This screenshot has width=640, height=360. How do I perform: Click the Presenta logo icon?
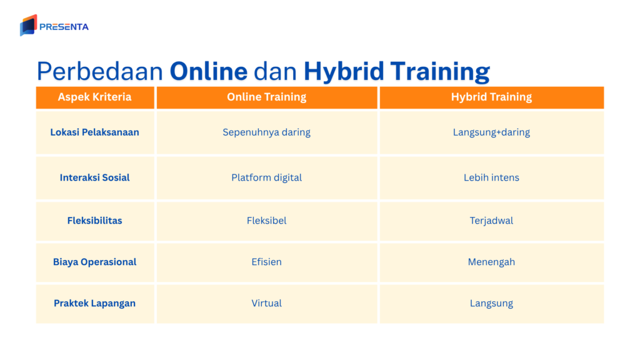pos(28,26)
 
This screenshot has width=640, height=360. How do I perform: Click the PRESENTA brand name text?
pos(64,27)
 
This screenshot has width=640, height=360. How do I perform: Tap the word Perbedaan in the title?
pos(101,71)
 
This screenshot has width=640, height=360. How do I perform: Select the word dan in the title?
pos(276,71)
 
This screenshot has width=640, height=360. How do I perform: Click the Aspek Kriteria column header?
pos(94,97)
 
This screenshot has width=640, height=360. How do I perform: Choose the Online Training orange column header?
pos(267,97)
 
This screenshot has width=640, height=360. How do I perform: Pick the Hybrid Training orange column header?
pos(491,97)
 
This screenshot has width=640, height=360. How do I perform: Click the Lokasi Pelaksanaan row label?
pos(94,132)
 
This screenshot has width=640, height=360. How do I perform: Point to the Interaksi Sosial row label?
pos(94,177)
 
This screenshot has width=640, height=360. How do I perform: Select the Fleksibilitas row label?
pos(94,221)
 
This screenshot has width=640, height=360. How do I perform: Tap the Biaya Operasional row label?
pos(94,262)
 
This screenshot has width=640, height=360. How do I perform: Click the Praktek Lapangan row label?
pos(94,303)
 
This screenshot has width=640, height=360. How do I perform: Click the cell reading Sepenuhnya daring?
pos(267,132)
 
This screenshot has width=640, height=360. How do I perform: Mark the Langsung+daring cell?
pos(491,132)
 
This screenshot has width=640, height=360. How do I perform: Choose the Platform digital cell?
pos(267,177)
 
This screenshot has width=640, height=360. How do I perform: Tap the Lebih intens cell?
pos(491,177)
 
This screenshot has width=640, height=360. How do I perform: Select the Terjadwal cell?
pos(491,221)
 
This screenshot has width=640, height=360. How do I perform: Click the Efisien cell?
pos(267,262)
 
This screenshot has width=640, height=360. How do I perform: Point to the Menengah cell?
pos(491,262)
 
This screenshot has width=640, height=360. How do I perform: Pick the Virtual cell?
pos(267,303)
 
